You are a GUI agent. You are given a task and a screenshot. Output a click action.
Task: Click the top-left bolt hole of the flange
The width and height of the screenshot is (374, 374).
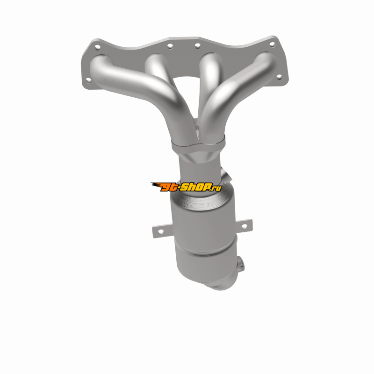(x=97, y=47)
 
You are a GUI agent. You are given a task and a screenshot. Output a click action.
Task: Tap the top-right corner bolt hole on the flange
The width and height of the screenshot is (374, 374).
(x=272, y=44)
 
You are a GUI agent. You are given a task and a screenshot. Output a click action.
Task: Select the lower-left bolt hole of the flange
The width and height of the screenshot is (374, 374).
(x=88, y=80)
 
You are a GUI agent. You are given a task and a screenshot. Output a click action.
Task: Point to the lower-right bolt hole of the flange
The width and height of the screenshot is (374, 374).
(x=279, y=77)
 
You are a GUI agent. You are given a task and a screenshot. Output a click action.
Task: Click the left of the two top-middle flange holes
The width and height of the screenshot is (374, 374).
(x=170, y=46)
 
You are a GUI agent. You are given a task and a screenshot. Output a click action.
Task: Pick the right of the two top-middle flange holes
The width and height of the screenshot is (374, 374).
(x=197, y=45)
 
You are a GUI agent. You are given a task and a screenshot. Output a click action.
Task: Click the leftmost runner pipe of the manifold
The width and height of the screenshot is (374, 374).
(x=138, y=88)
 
